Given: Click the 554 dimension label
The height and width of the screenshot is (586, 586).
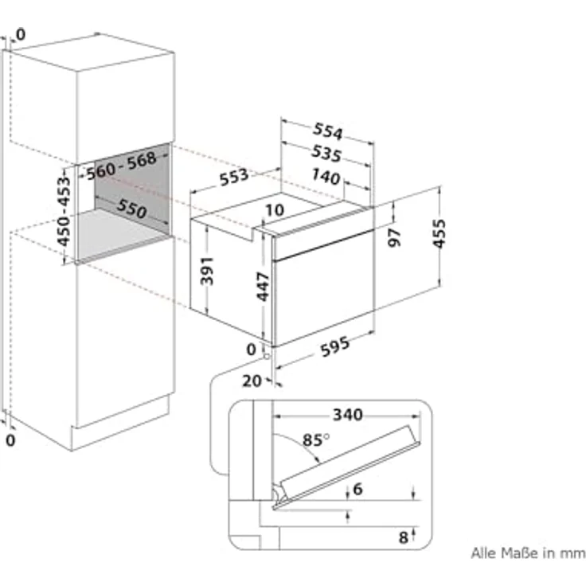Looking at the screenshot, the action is coord(327,131).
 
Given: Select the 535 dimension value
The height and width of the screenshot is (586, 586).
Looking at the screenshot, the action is coord(326,153).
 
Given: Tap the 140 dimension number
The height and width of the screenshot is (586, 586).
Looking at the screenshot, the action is coord(326,177).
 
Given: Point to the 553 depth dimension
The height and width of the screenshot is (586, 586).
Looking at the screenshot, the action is coord(233,177).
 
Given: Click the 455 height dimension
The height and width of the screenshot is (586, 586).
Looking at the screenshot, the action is coord(439,233).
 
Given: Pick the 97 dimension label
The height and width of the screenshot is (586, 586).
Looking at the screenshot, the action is coord(394,238).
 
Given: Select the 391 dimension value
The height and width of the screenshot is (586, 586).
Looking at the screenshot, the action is coord(207,271).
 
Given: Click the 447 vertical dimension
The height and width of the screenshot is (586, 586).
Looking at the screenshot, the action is coord(263,287).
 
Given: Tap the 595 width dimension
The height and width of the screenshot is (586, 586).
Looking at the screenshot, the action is coord(335,346).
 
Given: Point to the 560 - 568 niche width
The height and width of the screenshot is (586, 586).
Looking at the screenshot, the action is coord(121,166).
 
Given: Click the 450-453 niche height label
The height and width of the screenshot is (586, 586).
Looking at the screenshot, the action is coord(64,211).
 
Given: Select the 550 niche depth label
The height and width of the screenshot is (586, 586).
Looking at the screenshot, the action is coord(131,208).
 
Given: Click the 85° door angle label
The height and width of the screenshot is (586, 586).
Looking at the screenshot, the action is coord(316,439).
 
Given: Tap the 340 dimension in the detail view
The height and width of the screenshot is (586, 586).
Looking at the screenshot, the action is coord(348,415).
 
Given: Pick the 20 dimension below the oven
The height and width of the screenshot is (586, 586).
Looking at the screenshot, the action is coord(252,381).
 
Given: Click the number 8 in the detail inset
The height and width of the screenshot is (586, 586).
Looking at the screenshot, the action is coord(403,537).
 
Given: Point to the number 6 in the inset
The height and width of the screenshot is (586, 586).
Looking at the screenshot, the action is coord(357,489).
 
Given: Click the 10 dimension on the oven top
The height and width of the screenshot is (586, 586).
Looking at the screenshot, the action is coord(275,210).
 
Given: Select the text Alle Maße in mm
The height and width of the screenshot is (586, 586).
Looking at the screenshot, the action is coord(528,553).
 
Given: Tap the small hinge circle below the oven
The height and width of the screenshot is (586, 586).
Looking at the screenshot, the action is coord(267,356).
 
